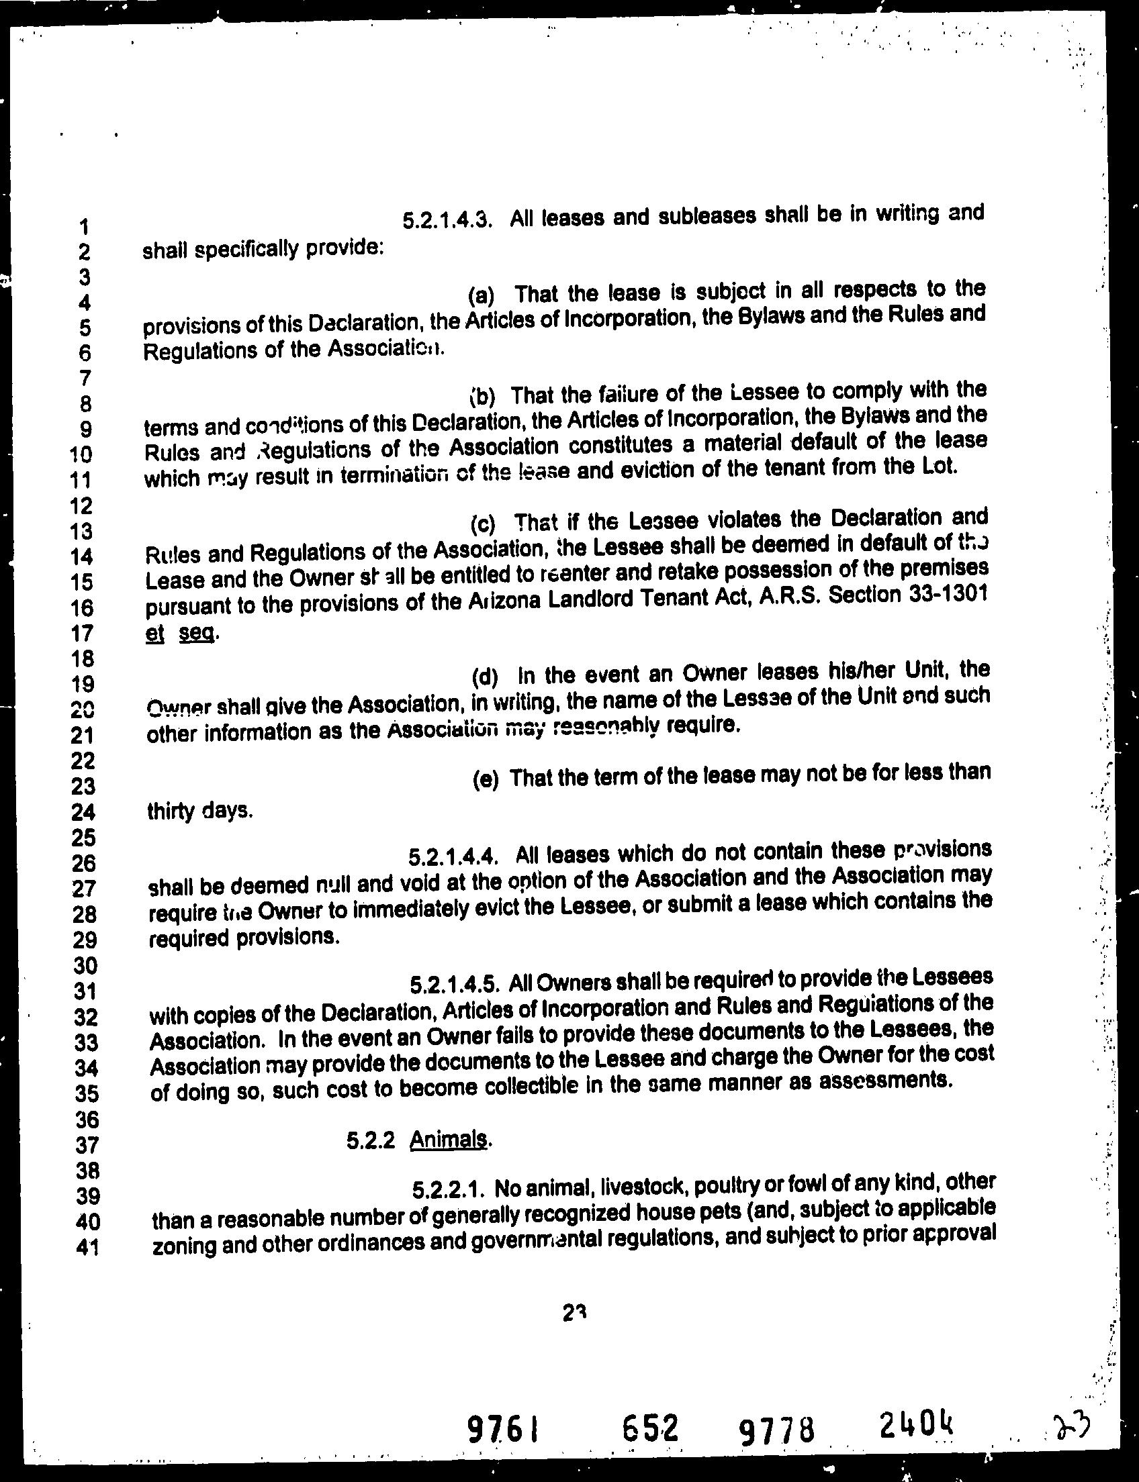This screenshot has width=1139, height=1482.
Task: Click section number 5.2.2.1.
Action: click(x=448, y=1189)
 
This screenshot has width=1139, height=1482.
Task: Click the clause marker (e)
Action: click(x=485, y=779)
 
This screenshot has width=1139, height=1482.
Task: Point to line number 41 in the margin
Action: click(x=87, y=1246)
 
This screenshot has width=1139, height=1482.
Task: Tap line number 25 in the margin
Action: click(x=83, y=838)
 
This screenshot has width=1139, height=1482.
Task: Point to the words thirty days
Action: click(x=199, y=810)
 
